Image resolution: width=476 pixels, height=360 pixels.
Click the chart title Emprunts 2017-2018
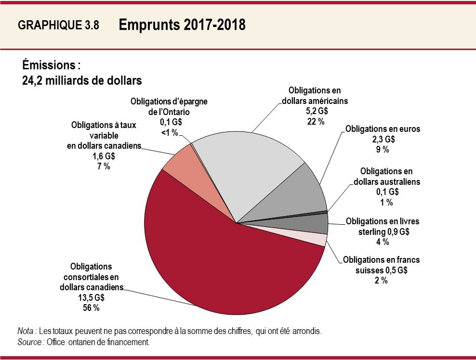coord(182,25)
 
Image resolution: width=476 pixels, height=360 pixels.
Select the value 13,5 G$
coord(91,298)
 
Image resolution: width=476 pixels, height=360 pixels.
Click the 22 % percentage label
coord(317,121)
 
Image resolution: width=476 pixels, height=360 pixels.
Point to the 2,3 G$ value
coord(383,139)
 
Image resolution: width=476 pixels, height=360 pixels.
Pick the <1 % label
coord(169,133)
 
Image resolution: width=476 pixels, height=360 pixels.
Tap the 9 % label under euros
coord(383,149)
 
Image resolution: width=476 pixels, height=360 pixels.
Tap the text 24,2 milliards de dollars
coord(82,80)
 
